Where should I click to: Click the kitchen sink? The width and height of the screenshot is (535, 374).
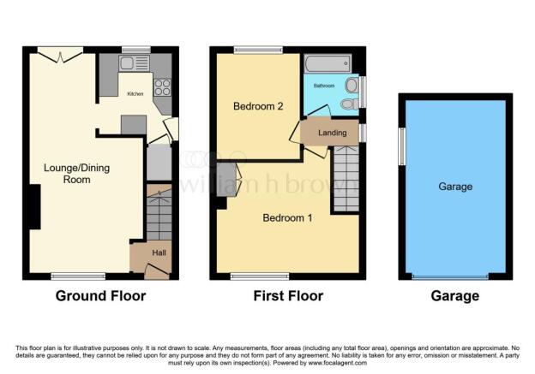click(x=134, y=63)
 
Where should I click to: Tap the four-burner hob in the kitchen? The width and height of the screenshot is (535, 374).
click(x=162, y=87)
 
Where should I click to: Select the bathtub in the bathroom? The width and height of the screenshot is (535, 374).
click(x=328, y=63)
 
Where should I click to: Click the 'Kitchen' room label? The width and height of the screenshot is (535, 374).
click(x=135, y=93)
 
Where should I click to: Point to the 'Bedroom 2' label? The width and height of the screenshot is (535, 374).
click(x=258, y=106)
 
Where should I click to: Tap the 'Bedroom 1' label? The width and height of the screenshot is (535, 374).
click(x=287, y=217)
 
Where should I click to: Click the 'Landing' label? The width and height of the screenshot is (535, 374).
click(x=333, y=133)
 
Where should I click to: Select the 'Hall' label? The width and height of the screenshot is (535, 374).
click(x=159, y=252)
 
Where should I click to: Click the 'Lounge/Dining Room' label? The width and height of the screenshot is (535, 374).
click(x=77, y=174)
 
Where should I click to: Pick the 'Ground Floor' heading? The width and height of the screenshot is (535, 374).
click(x=100, y=296)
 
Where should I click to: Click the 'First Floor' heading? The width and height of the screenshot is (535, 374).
click(x=288, y=296)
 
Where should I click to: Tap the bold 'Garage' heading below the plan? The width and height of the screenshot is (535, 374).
click(x=455, y=296)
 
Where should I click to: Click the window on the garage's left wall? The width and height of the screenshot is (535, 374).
click(x=402, y=146)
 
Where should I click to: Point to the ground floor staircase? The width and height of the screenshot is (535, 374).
click(x=159, y=212)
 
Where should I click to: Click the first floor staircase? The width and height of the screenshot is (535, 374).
click(x=346, y=179)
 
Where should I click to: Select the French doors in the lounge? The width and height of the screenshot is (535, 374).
click(x=60, y=55)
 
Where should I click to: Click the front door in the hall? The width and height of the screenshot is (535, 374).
click(x=157, y=270)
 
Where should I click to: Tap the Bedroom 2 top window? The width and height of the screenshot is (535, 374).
click(x=258, y=50)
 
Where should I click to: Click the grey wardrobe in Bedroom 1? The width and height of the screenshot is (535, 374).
click(x=226, y=179)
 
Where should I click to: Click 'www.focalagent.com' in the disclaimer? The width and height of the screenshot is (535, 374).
click(x=338, y=363)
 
